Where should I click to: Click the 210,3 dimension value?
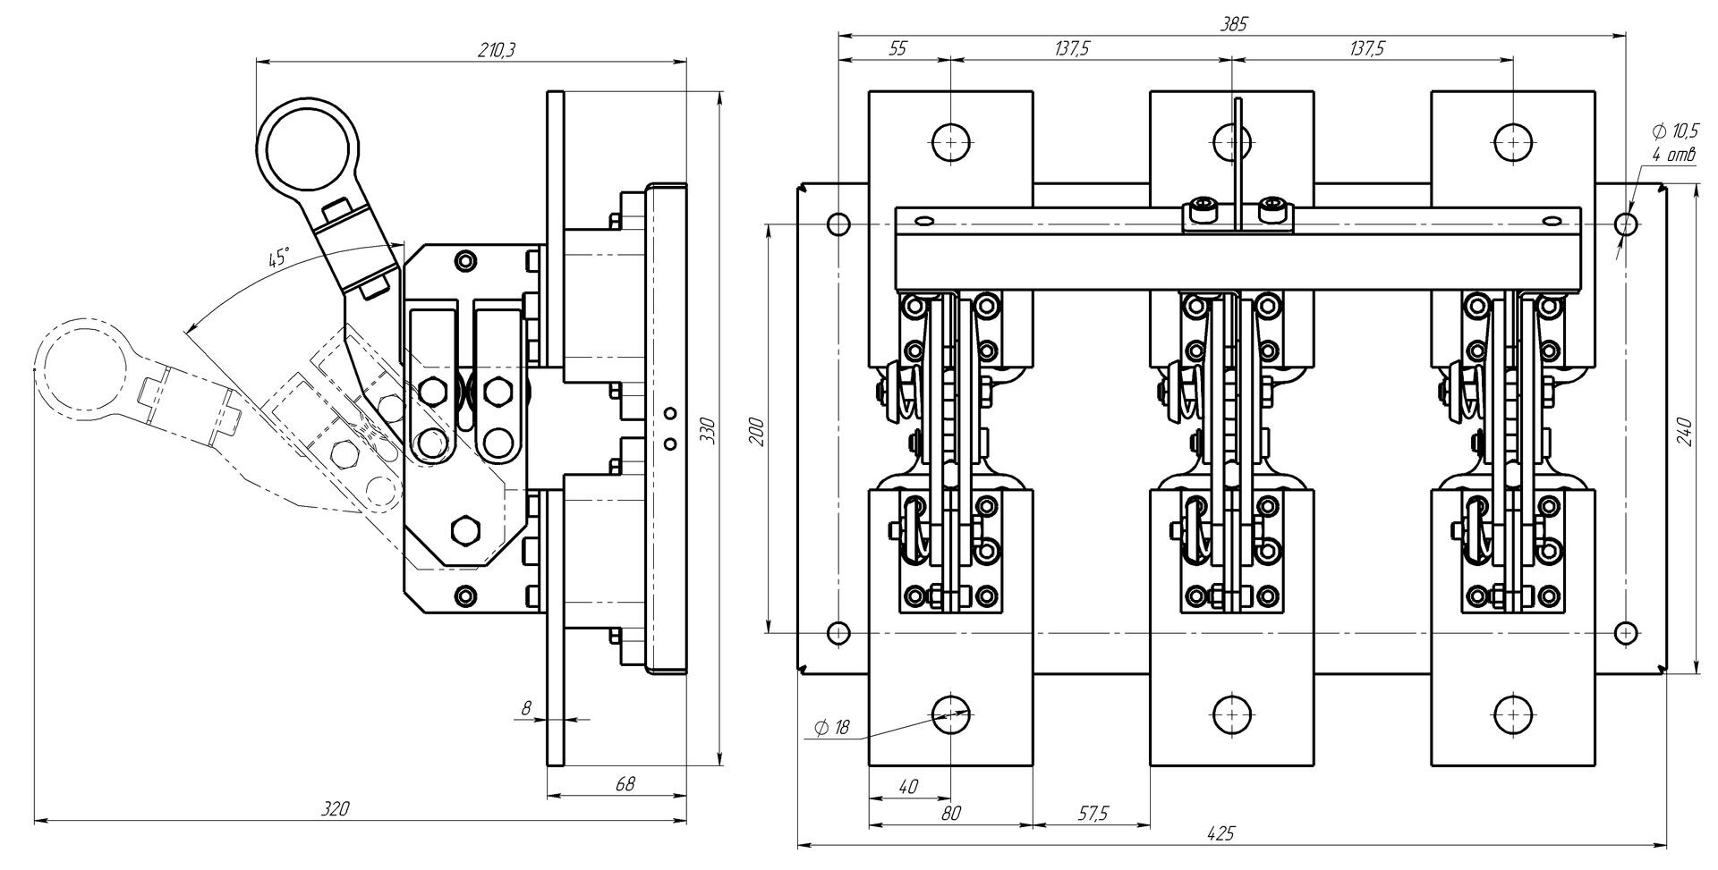[496, 50]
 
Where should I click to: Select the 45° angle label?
[279, 258]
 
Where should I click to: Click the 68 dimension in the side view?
[625, 783]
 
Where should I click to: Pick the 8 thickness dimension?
[526, 708]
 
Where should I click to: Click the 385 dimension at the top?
[1233, 24]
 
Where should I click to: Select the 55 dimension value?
[897, 49]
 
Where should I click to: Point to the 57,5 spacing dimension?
[1093, 813]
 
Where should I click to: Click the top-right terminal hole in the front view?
[1513, 141]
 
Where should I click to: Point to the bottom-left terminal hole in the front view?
[951, 714]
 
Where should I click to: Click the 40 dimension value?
[908, 787]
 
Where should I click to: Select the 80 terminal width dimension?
[951, 813]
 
